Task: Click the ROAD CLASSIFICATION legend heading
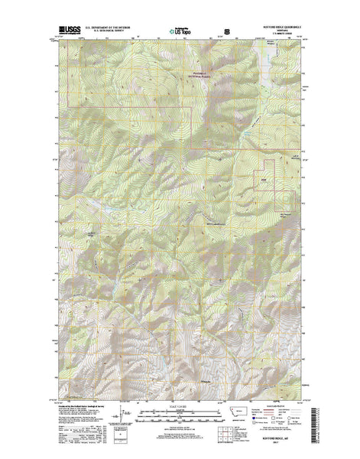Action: (285, 405)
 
